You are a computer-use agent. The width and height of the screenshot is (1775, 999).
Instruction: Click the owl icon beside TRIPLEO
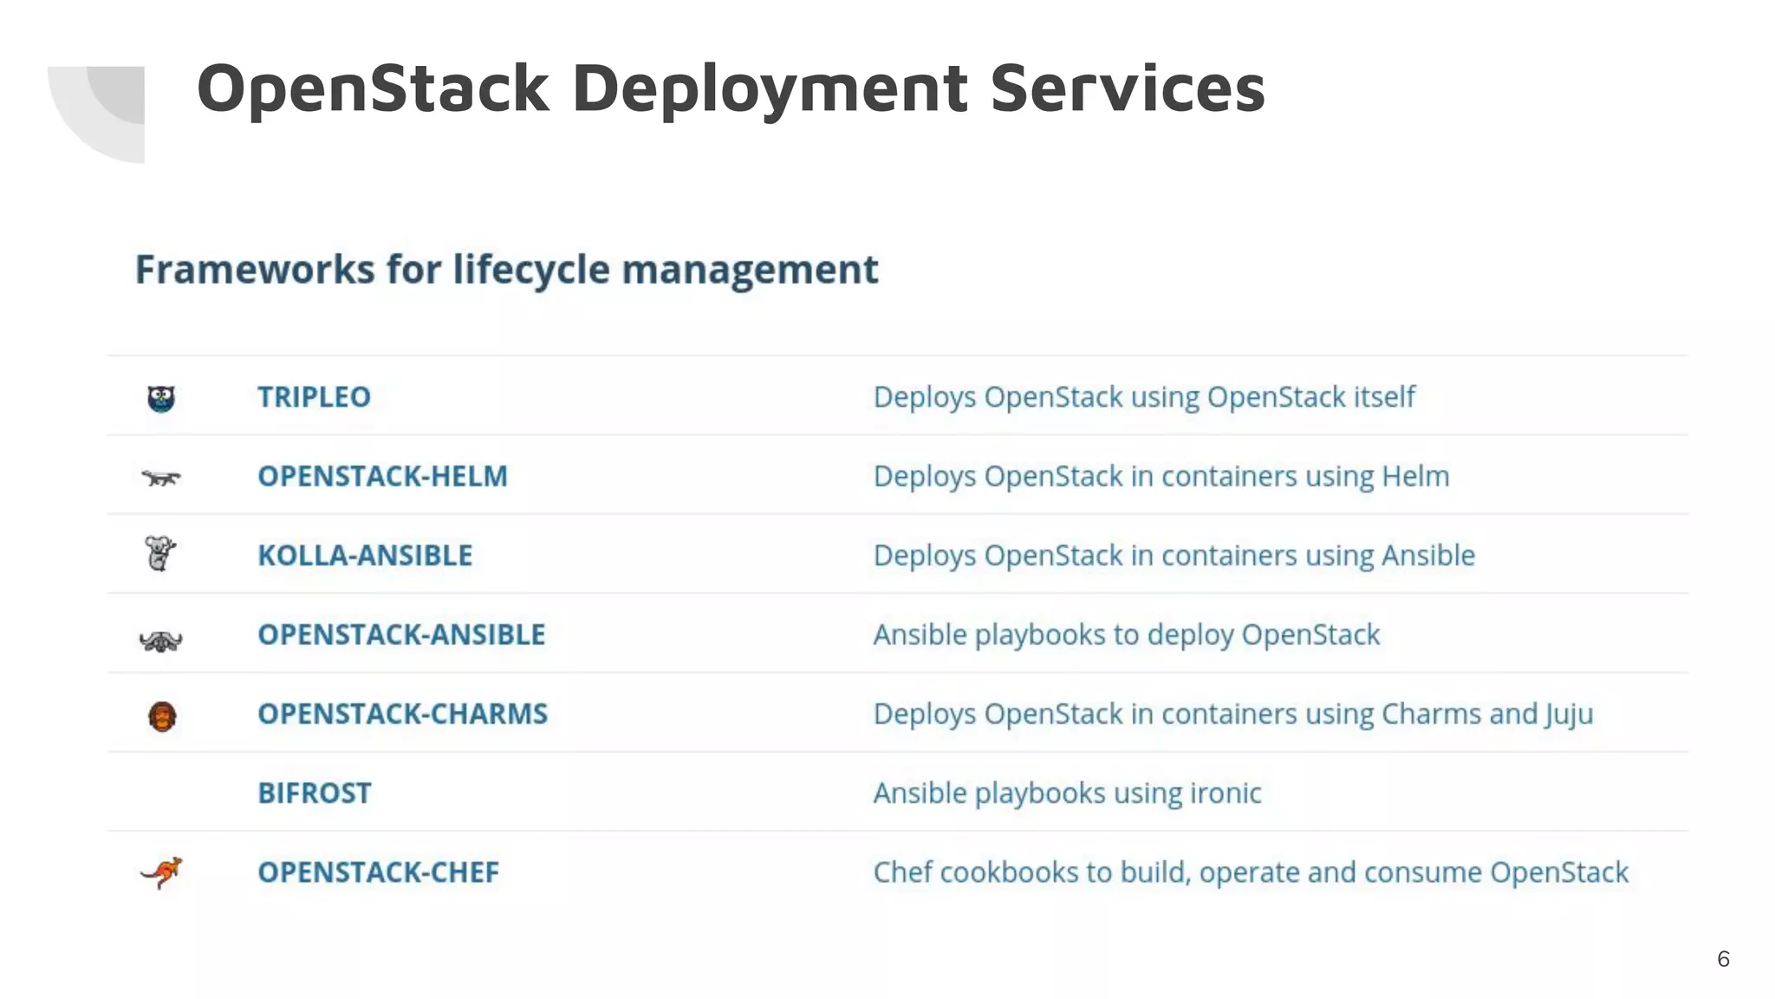[161, 398]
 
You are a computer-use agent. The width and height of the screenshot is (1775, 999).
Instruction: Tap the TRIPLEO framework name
[314, 397]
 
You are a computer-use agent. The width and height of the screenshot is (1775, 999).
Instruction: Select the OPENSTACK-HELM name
[382, 476]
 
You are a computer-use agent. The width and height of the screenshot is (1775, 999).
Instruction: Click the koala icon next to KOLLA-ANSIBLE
[160, 553]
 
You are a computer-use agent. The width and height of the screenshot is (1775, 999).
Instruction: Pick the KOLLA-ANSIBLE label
[365, 555]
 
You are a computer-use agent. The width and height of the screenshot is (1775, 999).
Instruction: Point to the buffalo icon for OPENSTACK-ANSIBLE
[161, 641]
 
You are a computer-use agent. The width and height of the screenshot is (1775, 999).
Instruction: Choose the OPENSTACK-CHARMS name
[402, 714]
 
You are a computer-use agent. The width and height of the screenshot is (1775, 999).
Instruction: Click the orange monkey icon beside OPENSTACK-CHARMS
[162, 716]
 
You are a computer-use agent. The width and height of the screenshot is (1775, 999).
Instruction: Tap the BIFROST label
[315, 793]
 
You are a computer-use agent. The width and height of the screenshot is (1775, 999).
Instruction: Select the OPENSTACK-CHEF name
[378, 872]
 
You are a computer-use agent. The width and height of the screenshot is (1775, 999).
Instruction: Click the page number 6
[1723, 959]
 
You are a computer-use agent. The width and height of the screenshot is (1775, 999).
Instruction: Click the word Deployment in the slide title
[770, 88]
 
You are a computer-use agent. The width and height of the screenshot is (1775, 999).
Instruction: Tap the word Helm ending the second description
[1415, 476]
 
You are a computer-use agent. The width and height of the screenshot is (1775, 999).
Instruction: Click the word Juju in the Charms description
[1569, 715]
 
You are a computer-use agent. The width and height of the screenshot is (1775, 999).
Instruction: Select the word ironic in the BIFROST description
[1226, 793]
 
